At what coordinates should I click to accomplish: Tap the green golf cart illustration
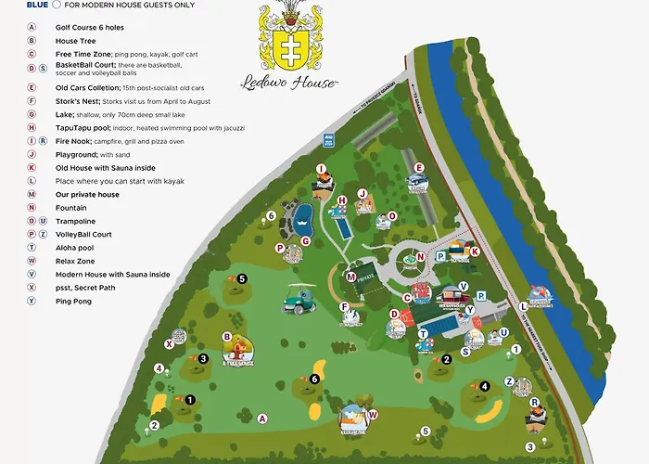[x=299, y=298]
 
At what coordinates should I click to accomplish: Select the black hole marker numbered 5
[x=241, y=277]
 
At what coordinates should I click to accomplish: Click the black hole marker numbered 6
[x=315, y=379]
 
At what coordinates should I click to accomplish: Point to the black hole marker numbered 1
[x=189, y=400]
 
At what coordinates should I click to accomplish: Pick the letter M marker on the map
[x=351, y=276]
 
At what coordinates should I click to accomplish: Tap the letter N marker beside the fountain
[x=419, y=256]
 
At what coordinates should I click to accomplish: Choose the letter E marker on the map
[x=419, y=168]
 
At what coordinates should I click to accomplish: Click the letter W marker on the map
[x=373, y=414]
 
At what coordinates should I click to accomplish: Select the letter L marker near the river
[x=524, y=304]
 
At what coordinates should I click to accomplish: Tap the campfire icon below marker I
[x=323, y=184]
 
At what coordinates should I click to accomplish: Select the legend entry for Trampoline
[x=76, y=222]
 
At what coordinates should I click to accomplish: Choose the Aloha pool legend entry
[x=75, y=248]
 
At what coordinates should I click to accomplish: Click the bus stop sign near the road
[x=328, y=140]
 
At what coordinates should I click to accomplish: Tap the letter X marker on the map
[x=170, y=343]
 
